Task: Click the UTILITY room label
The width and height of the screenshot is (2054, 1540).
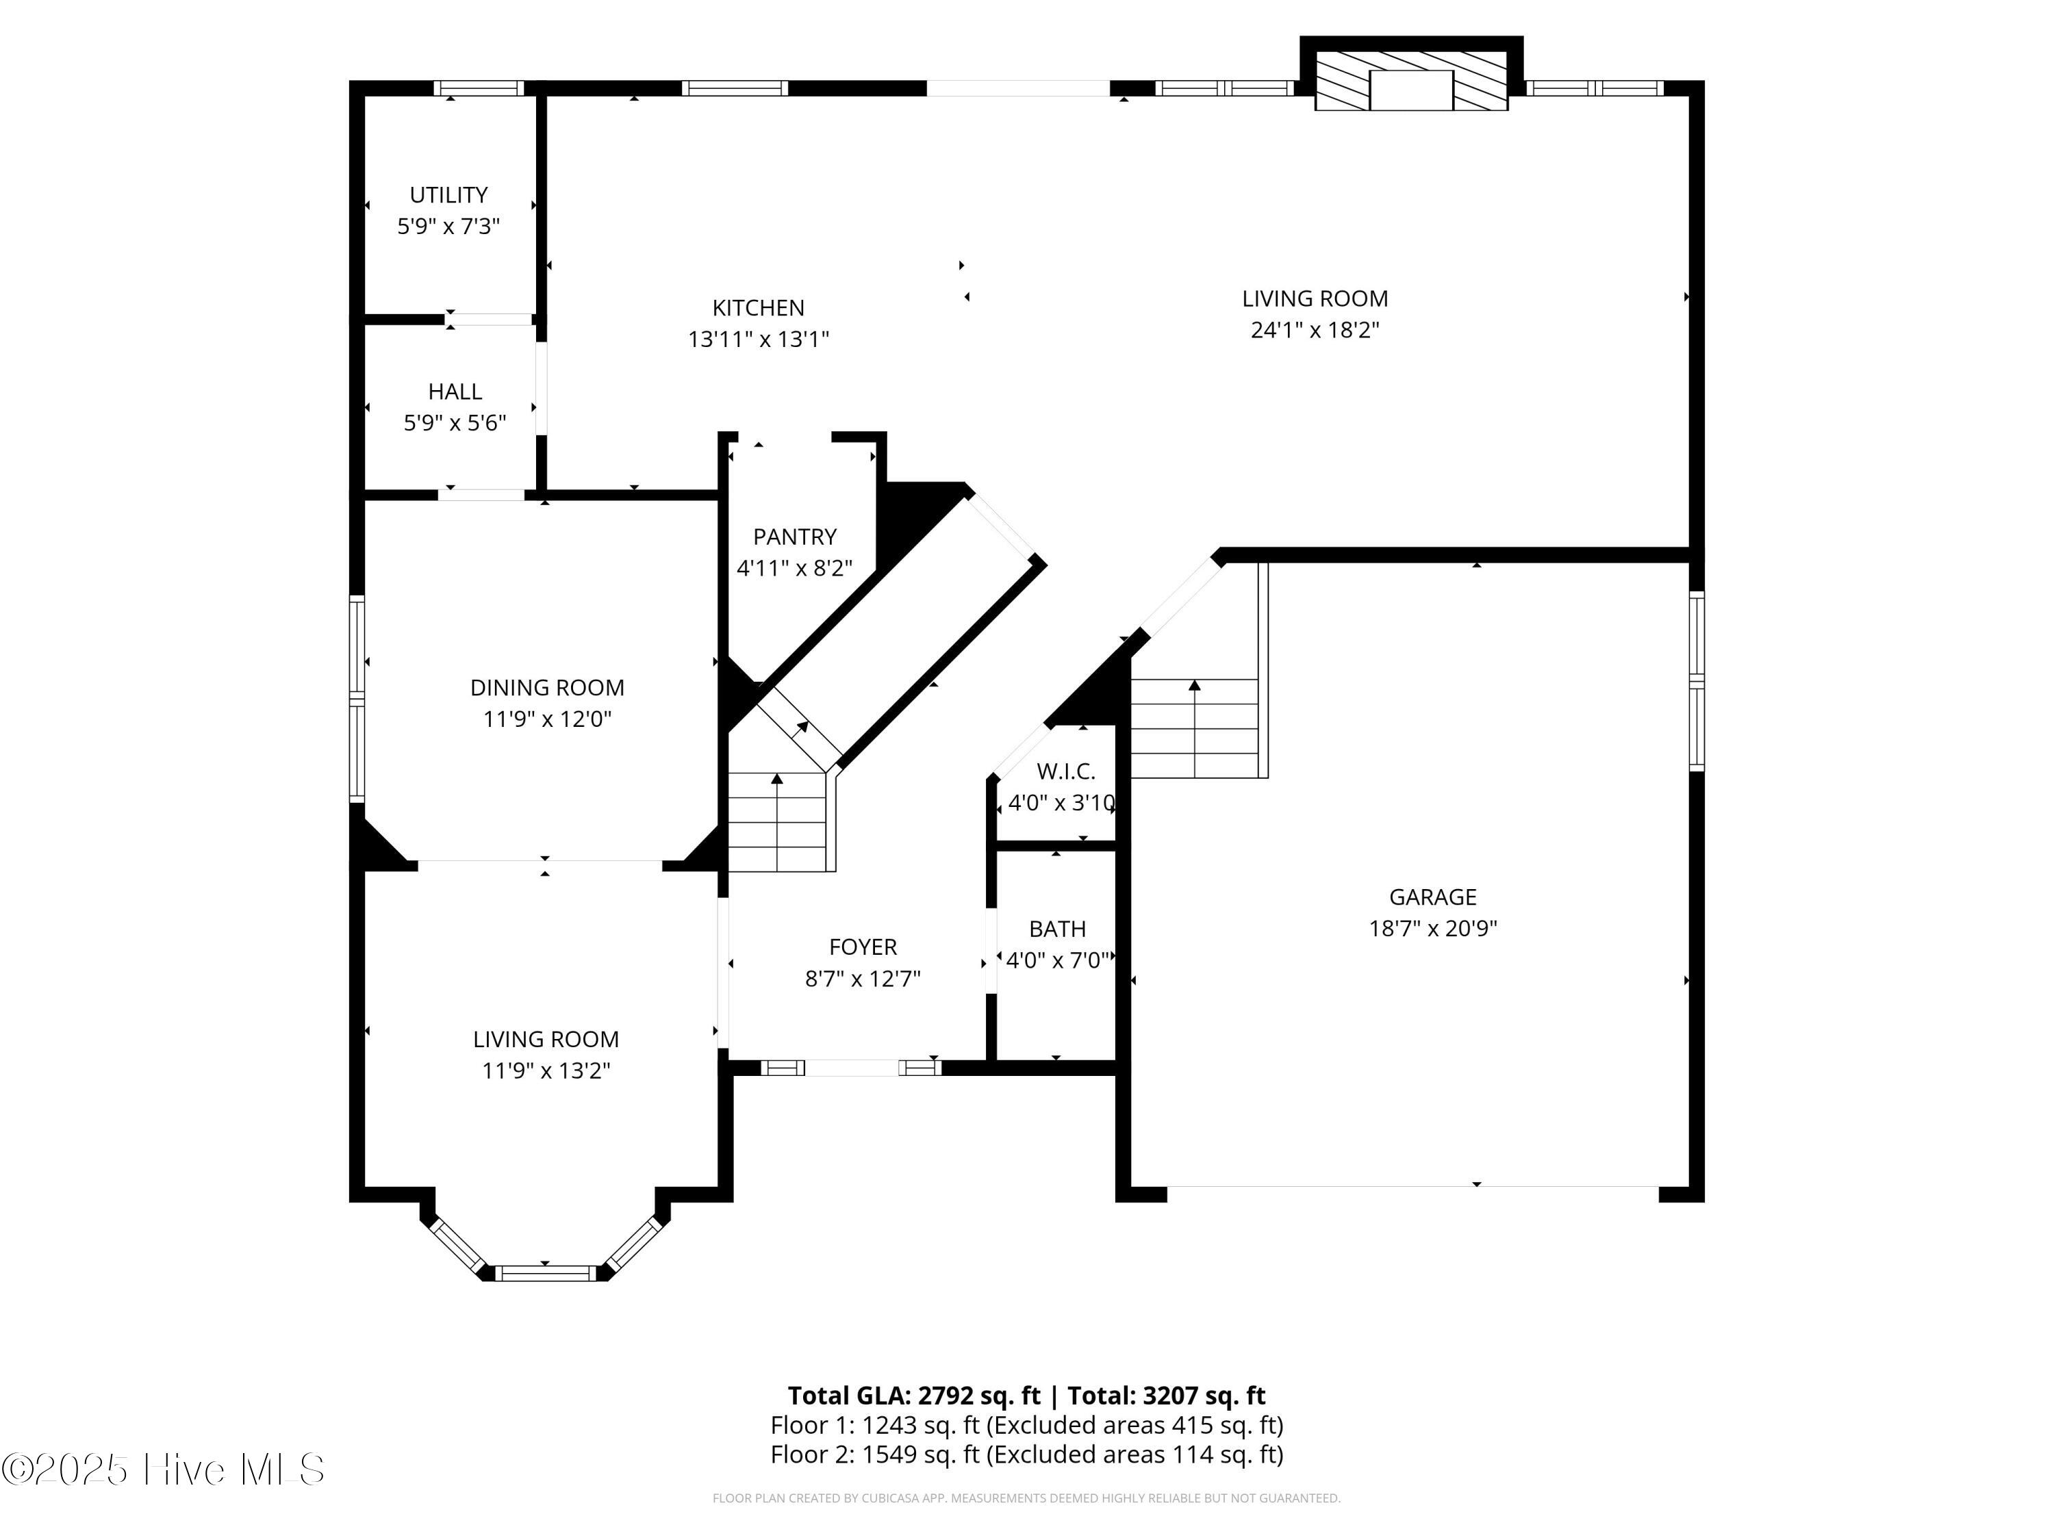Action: point(448,195)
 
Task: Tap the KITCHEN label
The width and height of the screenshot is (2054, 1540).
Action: point(758,308)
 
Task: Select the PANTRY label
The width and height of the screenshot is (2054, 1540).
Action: point(795,537)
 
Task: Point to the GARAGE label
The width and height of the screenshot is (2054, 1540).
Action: point(1433,897)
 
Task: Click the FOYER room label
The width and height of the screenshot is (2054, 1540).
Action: point(863,947)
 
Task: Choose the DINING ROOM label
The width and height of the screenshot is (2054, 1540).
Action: point(547,688)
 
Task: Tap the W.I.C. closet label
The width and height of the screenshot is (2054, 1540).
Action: point(1066,771)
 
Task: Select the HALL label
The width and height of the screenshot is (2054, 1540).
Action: point(455,392)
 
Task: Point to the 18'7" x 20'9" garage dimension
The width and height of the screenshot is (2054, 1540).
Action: point(1433,928)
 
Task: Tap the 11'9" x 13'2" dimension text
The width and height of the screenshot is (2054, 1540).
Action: point(546,1070)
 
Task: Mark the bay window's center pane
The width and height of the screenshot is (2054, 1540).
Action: point(545,1272)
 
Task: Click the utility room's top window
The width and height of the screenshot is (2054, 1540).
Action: point(479,88)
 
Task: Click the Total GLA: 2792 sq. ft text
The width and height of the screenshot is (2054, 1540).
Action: point(914,1395)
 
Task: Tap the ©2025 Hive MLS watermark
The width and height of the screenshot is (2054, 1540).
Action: point(164,1469)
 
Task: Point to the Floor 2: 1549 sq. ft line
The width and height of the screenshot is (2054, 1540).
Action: point(1027,1454)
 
